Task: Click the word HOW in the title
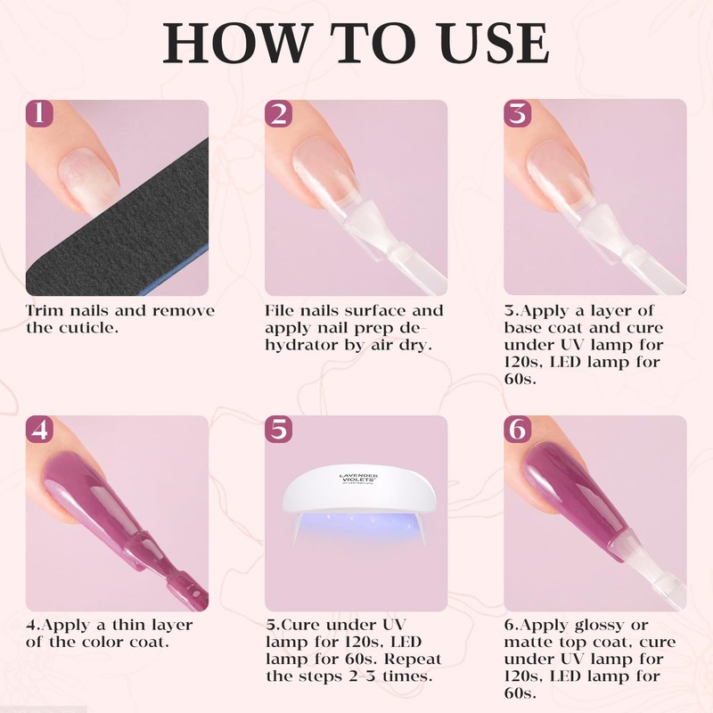point(235,43)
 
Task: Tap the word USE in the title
point(493,43)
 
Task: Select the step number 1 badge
point(39,113)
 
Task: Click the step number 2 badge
point(278,113)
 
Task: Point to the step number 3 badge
point(518,113)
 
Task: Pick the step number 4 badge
point(39,430)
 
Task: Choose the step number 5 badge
point(278,430)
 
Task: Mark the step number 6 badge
point(518,430)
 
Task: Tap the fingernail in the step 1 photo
point(88,180)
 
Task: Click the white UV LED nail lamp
point(359,500)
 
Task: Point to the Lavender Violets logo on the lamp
point(359,478)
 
